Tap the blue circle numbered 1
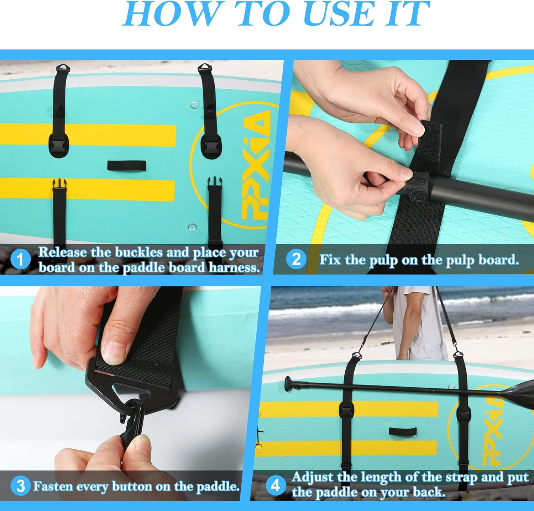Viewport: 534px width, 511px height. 20,259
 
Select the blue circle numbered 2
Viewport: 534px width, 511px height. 296,259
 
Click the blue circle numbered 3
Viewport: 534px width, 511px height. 20,486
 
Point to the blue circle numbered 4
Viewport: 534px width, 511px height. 275,485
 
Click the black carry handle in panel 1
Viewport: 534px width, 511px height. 126,165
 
